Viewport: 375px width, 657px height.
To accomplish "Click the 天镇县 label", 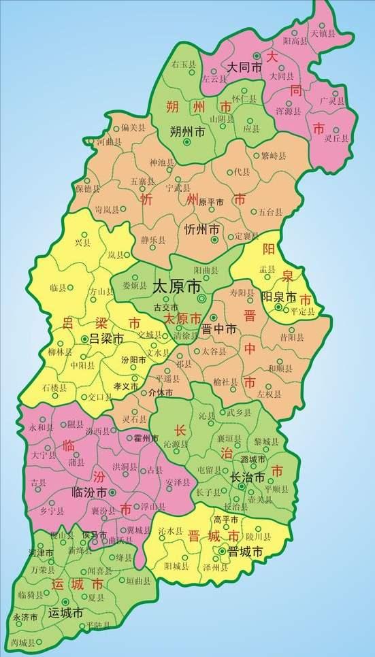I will point(323,32).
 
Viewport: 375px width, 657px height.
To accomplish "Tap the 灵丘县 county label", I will point(336,138).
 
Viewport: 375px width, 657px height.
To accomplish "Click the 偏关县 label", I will point(133,127).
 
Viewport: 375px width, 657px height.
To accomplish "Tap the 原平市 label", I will point(210,202).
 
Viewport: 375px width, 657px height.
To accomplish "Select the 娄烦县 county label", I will point(134,286).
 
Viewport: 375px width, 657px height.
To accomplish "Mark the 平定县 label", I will point(302,311).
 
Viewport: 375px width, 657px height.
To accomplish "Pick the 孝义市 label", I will point(125,386).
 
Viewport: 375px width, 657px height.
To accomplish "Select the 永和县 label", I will point(40,428).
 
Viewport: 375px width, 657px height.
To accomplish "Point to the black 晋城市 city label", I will point(245,552).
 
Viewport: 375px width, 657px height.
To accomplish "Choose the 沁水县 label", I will point(170,530).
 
